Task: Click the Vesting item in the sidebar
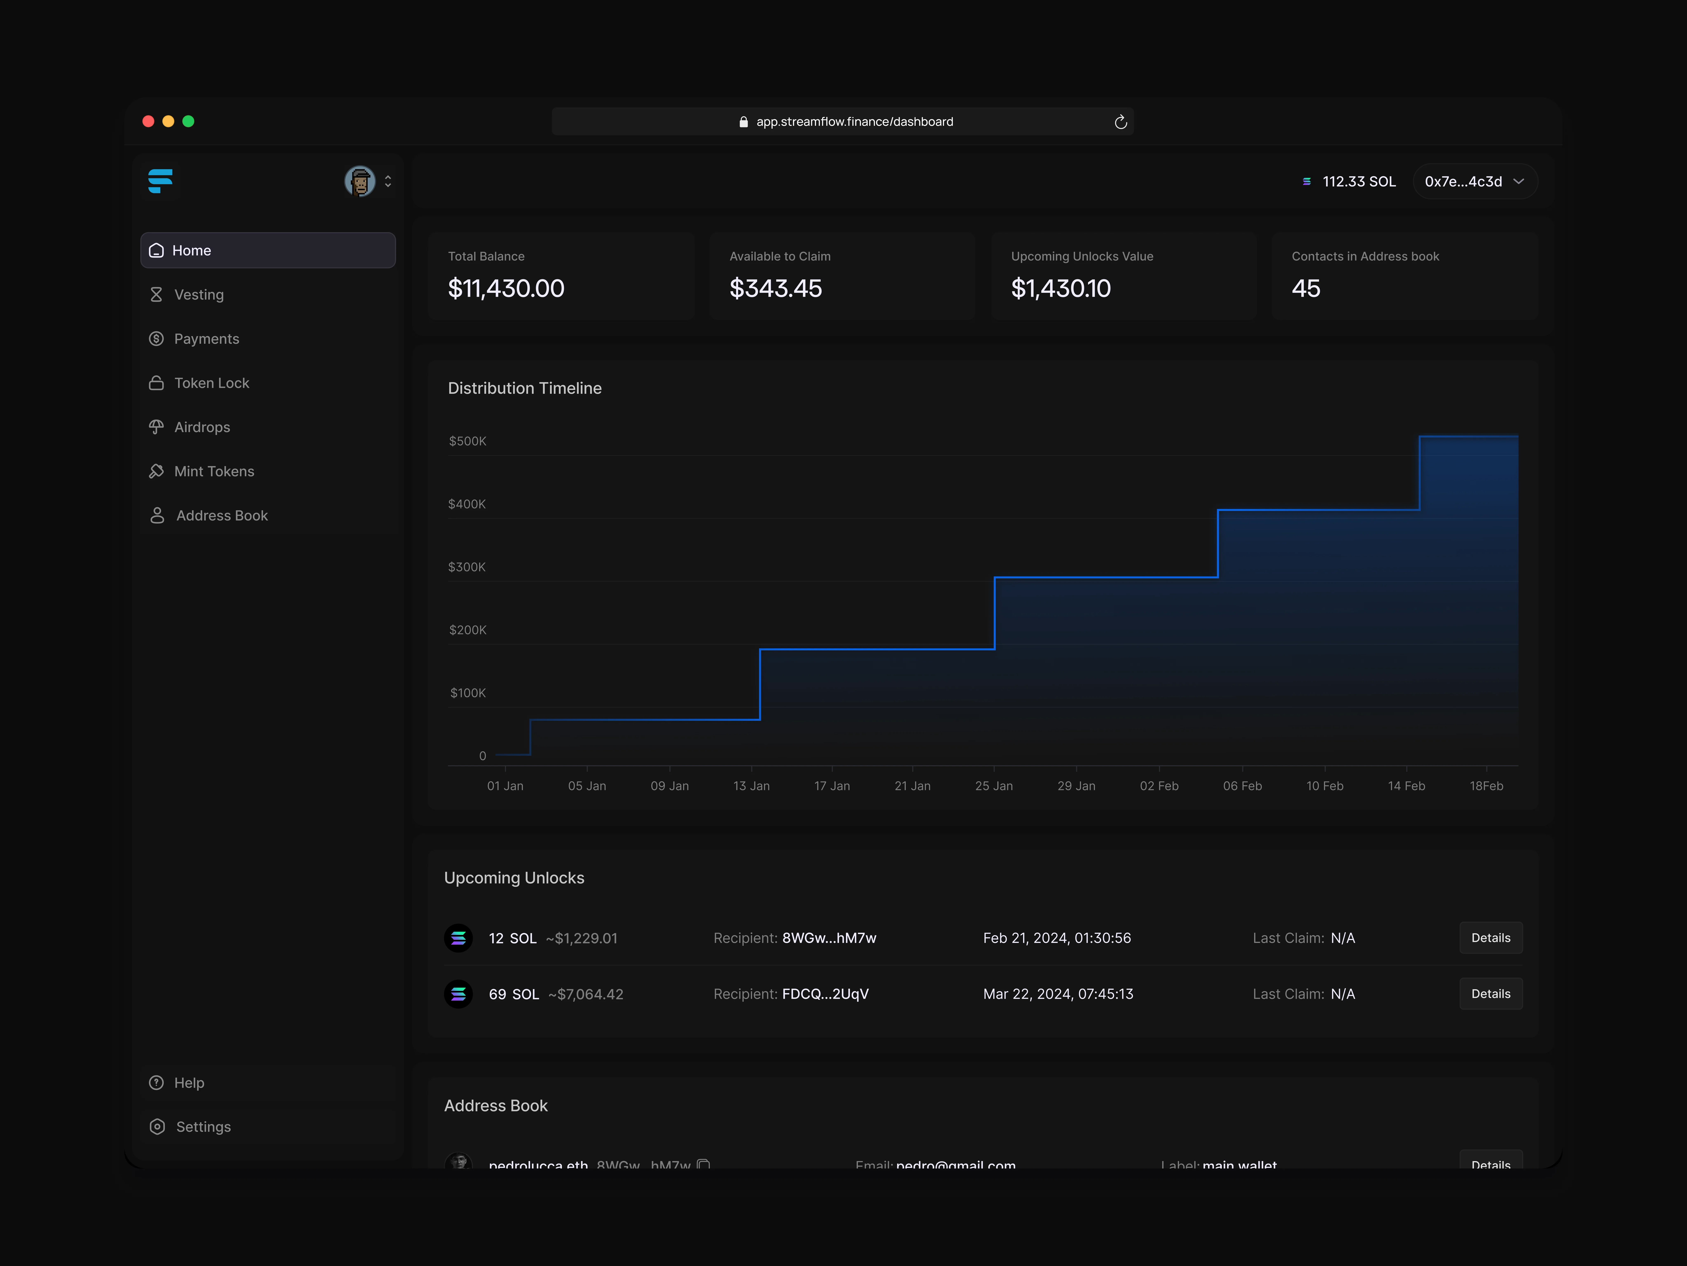[x=198, y=295]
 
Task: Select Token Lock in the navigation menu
[x=211, y=383]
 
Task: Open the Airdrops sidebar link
[x=201, y=427]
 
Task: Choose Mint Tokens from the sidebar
[x=214, y=472]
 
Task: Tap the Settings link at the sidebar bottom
[x=203, y=1127]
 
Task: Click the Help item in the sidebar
[x=188, y=1083]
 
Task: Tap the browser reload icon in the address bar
[x=1120, y=122]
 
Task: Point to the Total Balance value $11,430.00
[x=506, y=288]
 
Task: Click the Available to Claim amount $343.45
[x=775, y=288]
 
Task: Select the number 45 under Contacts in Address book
[x=1306, y=288]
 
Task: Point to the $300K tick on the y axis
[x=467, y=567]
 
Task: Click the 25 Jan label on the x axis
[x=994, y=786]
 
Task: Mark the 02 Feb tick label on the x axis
[x=1159, y=786]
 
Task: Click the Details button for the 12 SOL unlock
[x=1490, y=938]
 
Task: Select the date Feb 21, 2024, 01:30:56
[x=1056, y=938]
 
